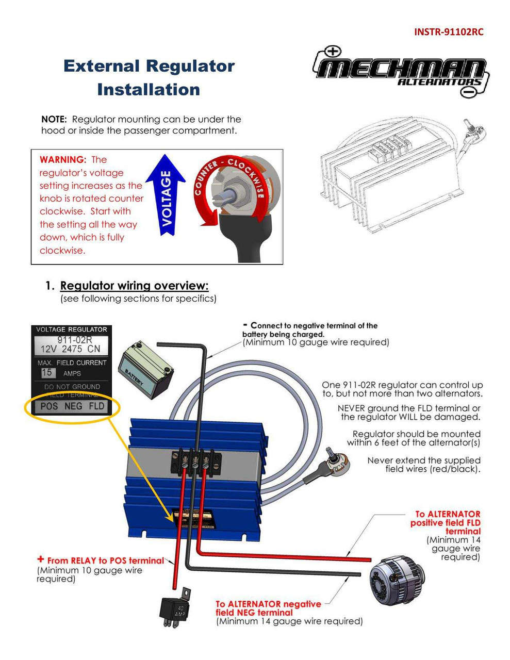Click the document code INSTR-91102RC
(x=449, y=32)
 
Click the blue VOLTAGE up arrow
(x=166, y=195)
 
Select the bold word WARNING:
(x=62, y=160)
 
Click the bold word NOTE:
(x=54, y=119)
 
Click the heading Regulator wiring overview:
(x=134, y=286)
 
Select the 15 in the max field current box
(x=47, y=372)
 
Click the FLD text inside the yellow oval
(x=96, y=406)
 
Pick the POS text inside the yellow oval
(x=49, y=406)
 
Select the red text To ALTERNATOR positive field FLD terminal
(x=447, y=522)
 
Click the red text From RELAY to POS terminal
(x=105, y=560)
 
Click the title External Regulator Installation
(x=149, y=77)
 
